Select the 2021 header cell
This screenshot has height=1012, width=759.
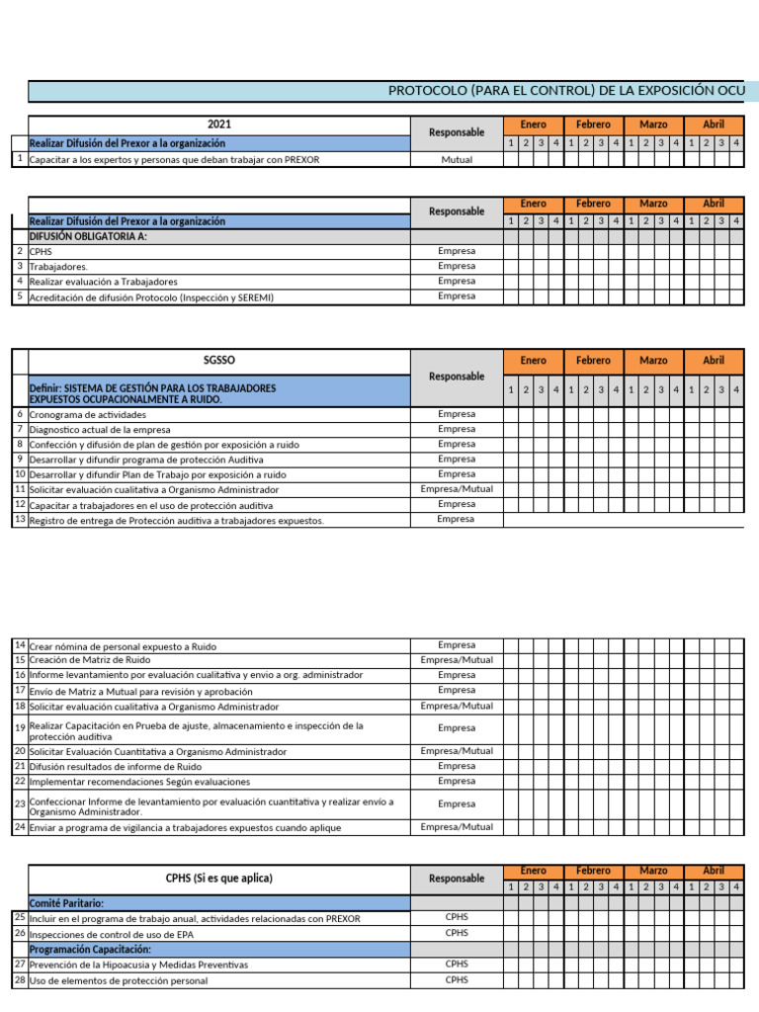coord(219,125)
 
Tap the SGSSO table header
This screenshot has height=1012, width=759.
coord(219,361)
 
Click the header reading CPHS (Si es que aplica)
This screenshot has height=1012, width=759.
coord(219,878)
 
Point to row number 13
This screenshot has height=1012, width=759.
coord(20,520)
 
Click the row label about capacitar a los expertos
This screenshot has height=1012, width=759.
coord(175,159)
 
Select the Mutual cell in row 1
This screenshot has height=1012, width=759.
coord(457,159)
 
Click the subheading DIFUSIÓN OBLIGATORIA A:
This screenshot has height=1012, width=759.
coord(88,237)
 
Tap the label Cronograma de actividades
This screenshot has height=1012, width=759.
coord(88,415)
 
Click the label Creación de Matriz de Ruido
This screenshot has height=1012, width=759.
coord(90,660)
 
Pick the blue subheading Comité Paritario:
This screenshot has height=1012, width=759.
coord(67,903)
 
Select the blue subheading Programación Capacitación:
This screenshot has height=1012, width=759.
coord(90,949)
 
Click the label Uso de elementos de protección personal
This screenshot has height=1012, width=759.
coord(119,980)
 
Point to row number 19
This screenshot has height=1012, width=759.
coord(20,728)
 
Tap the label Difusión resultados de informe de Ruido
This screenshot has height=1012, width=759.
coord(116,766)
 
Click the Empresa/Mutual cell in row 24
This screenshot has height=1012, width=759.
coord(457,827)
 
